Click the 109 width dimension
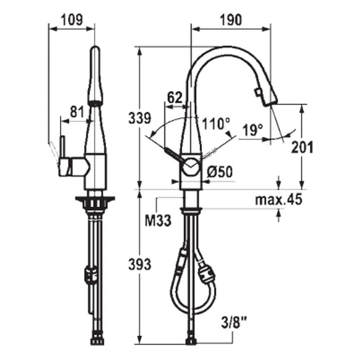coord(72,20)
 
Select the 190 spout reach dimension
coord(231,20)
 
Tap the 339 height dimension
coord(140,118)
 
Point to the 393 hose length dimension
coord(140,264)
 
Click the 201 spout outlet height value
coord(302,147)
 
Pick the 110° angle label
coord(216,124)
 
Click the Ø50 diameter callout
coord(220,171)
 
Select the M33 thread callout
coord(158,221)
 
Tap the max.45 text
coord(279,200)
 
